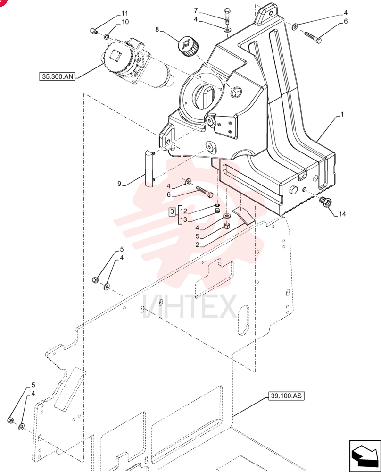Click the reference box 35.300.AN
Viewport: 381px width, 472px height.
57,76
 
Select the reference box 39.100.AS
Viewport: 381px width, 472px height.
286,396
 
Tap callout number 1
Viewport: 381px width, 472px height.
342,114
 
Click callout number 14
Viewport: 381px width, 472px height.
342,214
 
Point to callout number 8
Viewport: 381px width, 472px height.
157,29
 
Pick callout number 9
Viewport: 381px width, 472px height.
119,184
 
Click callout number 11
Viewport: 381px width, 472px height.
124,13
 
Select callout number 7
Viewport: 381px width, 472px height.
196,11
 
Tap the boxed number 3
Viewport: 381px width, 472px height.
172,211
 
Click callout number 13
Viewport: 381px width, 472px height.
183,220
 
